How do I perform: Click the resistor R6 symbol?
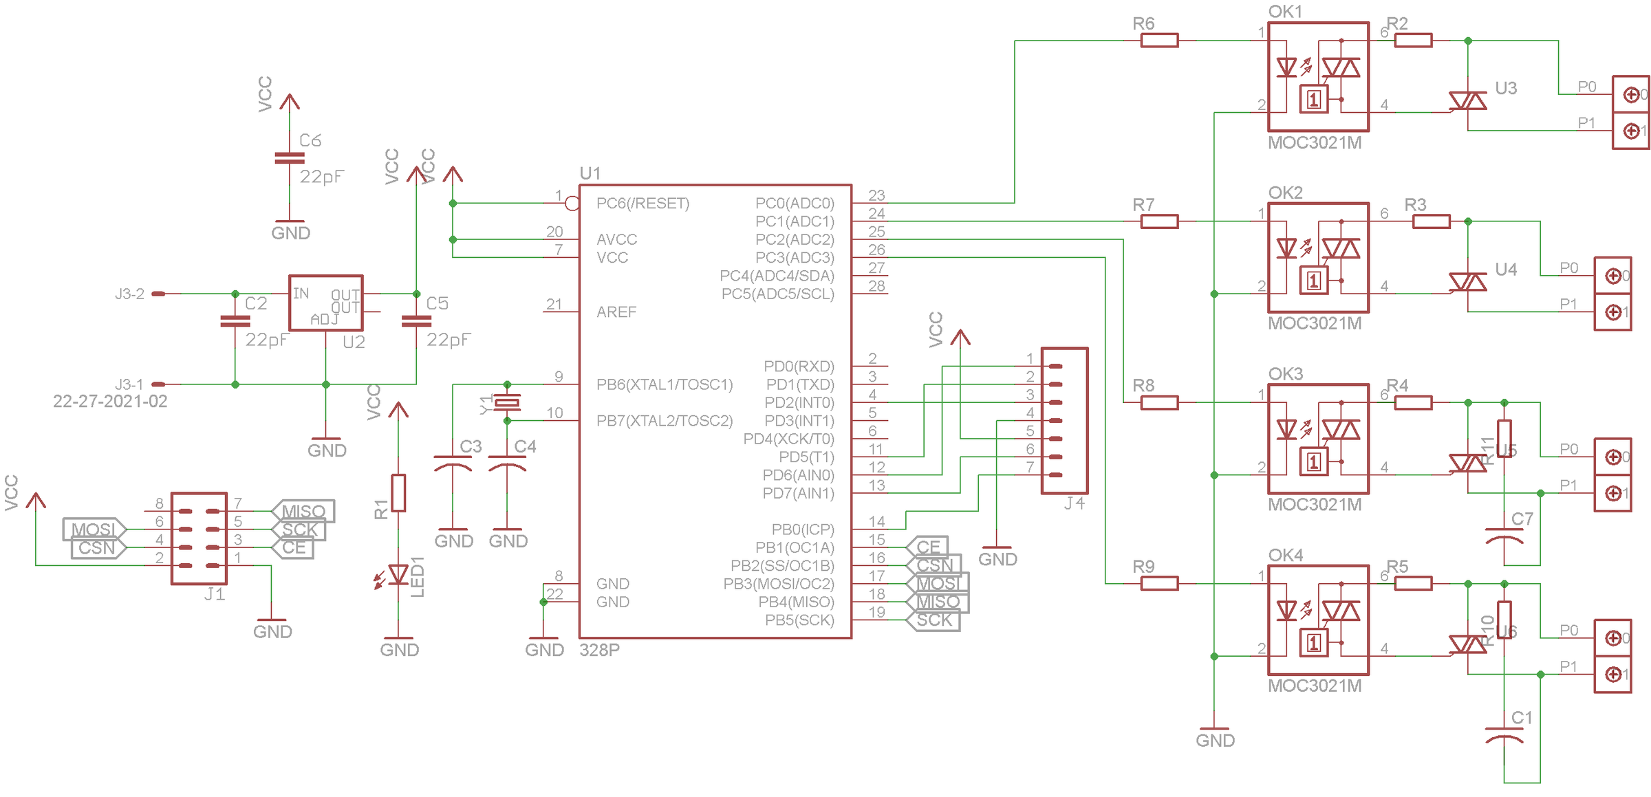tap(1159, 41)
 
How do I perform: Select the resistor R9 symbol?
tap(1159, 583)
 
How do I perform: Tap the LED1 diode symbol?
tap(398, 575)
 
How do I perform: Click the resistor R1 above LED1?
tap(398, 493)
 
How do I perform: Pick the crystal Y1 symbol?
tap(508, 402)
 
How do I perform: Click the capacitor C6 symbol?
tap(290, 158)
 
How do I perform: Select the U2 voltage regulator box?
tap(325, 303)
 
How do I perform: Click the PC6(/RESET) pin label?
tap(643, 204)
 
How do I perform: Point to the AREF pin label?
tap(616, 312)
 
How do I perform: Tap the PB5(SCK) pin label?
tap(799, 620)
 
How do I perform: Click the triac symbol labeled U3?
tap(1467, 101)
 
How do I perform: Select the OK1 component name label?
tap(1285, 12)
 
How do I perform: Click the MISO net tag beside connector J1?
tap(303, 511)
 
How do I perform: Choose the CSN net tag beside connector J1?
tap(97, 548)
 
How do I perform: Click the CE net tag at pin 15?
tap(928, 547)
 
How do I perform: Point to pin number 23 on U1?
tap(876, 195)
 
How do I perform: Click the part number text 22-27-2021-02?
tap(110, 402)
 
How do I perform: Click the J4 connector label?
tap(1074, 503)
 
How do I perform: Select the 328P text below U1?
tap(599, 651)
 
